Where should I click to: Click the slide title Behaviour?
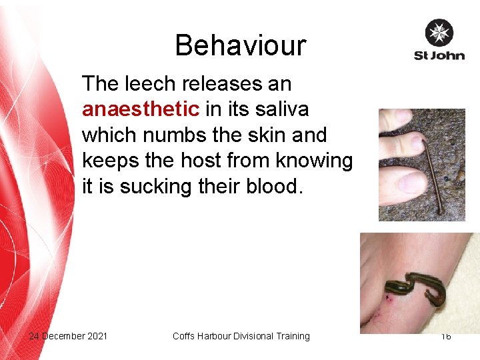tap(240, 45)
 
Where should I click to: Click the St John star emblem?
tap(439, 33)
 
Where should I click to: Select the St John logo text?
tap(439, 55)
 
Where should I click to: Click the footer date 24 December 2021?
tap(68, 336)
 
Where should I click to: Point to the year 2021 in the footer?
tap(96, 336)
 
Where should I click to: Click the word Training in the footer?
tap(291, 336)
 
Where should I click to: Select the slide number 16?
tap(445, 336)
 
